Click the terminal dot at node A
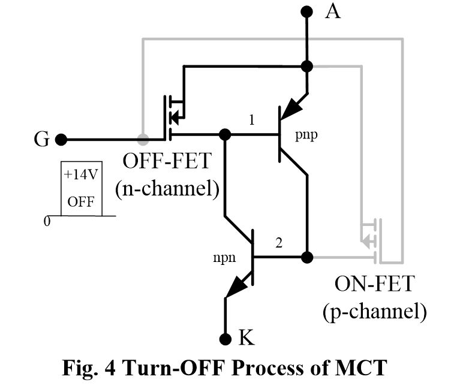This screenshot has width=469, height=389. click(x=307, y=11)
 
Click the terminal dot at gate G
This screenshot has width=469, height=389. click(x=60, y=140)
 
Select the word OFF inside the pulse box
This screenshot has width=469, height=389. click(x=80, y=201)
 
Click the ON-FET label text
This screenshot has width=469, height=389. click(x=374, y=284)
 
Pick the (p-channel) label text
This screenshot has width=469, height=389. click(x=375, y=311)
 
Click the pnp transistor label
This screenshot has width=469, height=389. click(x=306, y=135)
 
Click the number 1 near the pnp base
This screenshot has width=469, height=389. click(x=252, y=120)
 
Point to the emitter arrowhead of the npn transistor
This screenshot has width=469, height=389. click(x=235, y=290)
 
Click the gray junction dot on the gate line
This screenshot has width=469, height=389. click(x=142, y=140)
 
